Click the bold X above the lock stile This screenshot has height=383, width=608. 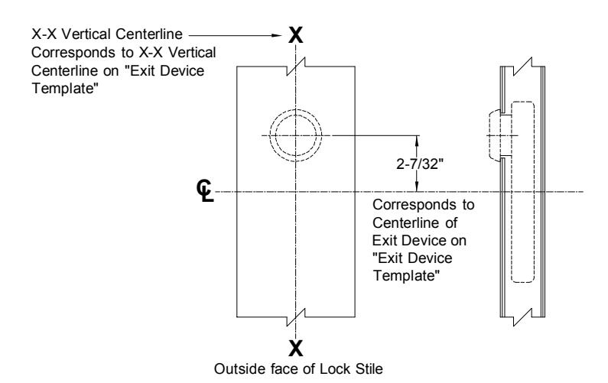point(295,35)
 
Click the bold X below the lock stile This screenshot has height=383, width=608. point(295,348)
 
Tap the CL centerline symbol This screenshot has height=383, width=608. point(205,190)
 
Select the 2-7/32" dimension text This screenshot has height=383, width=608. point(420,164)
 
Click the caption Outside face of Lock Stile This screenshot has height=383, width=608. point(298,368)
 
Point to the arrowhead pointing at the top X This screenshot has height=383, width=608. point(277,35)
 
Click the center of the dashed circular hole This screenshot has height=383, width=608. point(296,135)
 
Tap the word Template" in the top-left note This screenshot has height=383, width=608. point(65,89)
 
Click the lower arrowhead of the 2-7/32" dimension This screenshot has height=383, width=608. point(417,187)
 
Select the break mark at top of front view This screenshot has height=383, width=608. point(296,67)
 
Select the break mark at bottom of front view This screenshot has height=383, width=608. point(296,317)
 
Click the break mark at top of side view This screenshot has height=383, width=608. point(522,67)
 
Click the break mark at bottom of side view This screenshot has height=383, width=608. point(522,317)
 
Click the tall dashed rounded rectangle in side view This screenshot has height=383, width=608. point(522,193)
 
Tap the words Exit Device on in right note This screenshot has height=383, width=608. point(419,241)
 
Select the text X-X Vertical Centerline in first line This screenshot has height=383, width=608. point(107,34)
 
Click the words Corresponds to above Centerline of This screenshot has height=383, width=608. point(424,205)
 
